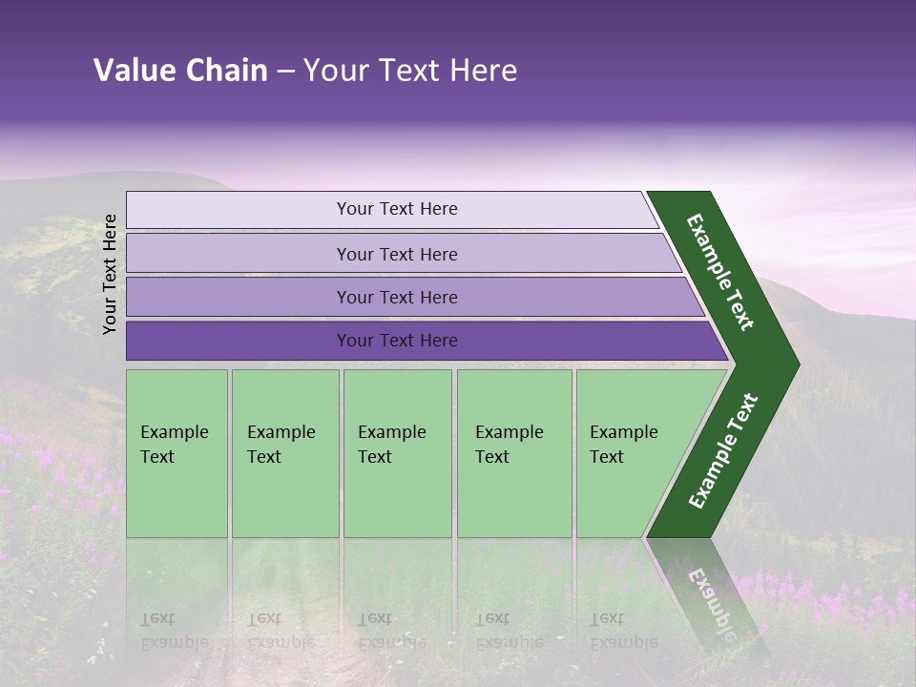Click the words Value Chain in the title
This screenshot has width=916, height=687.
[180, 71]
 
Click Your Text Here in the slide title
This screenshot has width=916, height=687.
[410, 71]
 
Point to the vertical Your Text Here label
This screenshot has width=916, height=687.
[111, 274]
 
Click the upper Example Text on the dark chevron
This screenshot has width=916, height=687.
[720, 272]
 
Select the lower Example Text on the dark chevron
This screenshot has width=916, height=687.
[723, 450]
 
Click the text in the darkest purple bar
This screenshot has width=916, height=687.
[397, 341]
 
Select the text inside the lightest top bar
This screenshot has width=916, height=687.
[397, 209]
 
